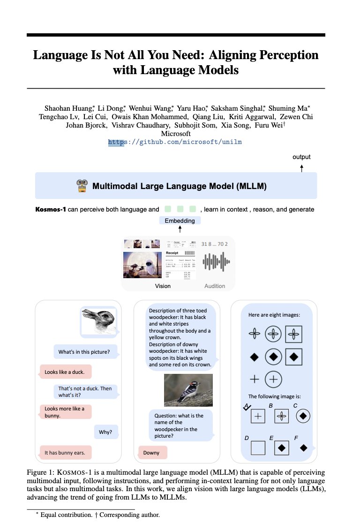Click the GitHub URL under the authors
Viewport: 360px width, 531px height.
tap(175, 142)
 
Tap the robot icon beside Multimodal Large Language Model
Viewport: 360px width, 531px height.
tap(82, 186)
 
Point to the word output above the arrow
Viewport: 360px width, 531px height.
tap(301, 157)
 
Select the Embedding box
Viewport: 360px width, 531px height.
tap(180, 220)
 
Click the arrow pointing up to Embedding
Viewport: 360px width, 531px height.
tap(180, 229)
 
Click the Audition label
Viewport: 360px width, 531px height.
tap(215, 286)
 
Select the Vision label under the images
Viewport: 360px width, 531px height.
tap(163, 286)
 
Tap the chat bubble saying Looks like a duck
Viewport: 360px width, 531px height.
tap(65, 372)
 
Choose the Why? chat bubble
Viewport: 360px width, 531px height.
tap(105, 432)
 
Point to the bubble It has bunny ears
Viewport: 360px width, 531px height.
tap(65, 453)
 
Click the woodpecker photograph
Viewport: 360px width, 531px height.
tap(188, 389)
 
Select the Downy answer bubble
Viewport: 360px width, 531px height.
tap(151, 453)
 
